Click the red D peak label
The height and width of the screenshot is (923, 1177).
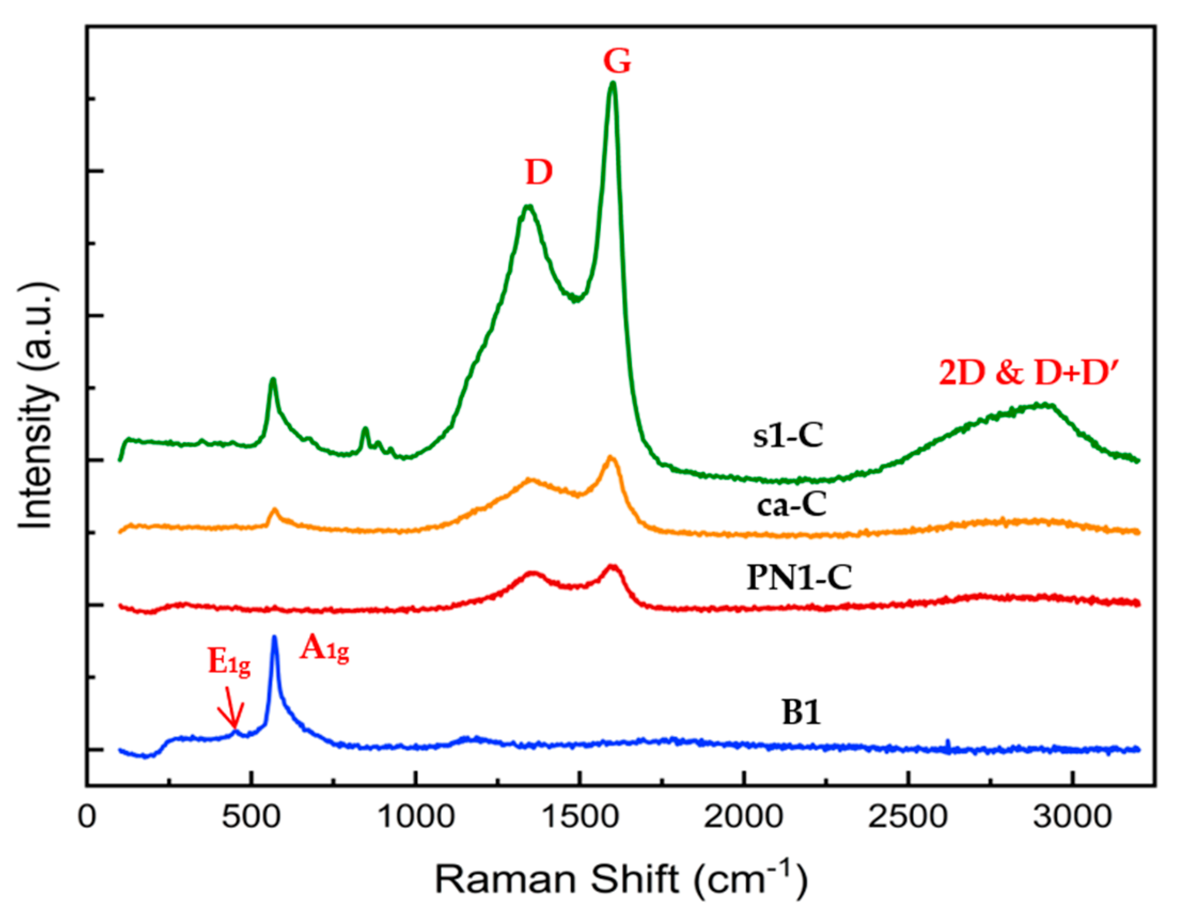click(x=539, y=173)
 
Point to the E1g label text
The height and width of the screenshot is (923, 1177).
click(x=229, y=664)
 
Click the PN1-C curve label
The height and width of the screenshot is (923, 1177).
click(x=799, y=578)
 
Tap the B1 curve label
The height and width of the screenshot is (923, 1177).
click(x=802, y=713)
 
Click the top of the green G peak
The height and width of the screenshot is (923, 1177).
click(x=612, y=84)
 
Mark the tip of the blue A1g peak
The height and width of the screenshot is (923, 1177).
click(x=274, y=638)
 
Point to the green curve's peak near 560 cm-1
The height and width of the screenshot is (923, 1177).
click(x=273, y=379)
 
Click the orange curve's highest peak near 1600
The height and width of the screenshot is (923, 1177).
click(x=611, y=458)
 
